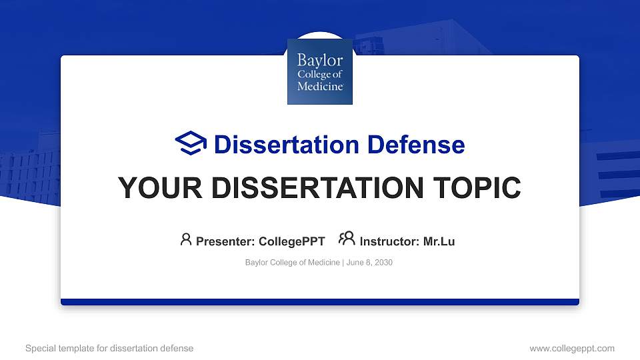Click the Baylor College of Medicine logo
[x=320, y=71]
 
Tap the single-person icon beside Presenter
[x=186, y=240]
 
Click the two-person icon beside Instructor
[x=347, y=240]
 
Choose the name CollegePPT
[x=291, y=241]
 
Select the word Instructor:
[x=389, y=241]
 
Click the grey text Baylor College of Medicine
[x=293, y=263]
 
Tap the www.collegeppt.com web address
[x=572, y=348]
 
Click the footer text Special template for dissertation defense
[x=109, y=348]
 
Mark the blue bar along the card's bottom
[x=320, y=302]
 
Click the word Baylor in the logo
[x=320, y=61]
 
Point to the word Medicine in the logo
[x=320, y=86]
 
